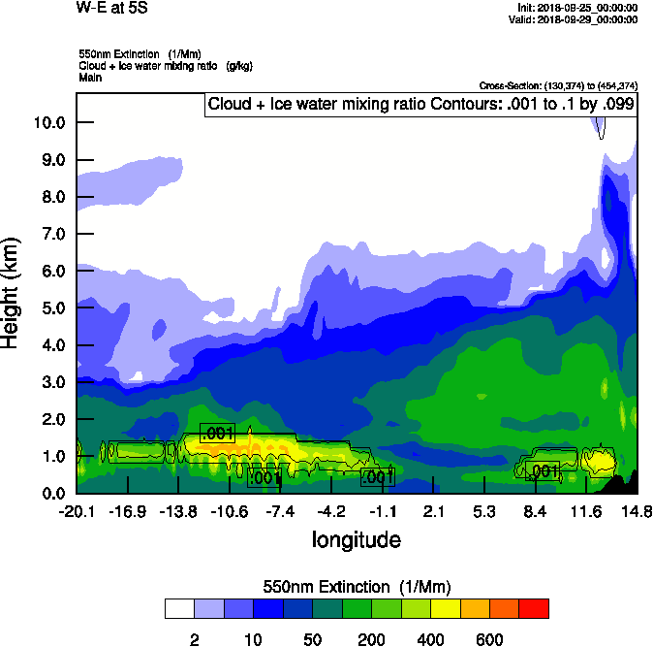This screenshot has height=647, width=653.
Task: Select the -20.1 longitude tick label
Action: (x=76, y=511)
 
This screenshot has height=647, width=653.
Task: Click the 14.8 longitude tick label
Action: (x=636, y=511)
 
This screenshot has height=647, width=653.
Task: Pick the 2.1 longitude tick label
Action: (x=433, y=511)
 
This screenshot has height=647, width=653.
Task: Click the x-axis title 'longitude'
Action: (x=356, y=539)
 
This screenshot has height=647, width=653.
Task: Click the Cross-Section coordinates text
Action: (x=558, y=85)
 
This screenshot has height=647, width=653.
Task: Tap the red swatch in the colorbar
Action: (x=534, y=608)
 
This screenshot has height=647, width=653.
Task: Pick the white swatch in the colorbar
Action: (x=179, y=608)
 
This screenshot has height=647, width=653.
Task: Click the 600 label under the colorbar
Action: (x=489, y=639)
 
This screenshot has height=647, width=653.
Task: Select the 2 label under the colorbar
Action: (x=194, y=639)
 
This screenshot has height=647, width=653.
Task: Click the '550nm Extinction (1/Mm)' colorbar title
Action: (x=357, y=587)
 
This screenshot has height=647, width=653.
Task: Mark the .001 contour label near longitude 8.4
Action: (x=544, y=471)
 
